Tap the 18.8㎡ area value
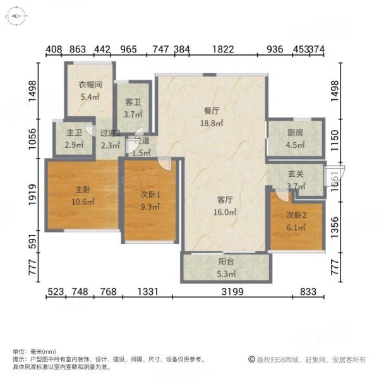click(x=212, y=123)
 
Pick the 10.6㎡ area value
click(x=83, y=202)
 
